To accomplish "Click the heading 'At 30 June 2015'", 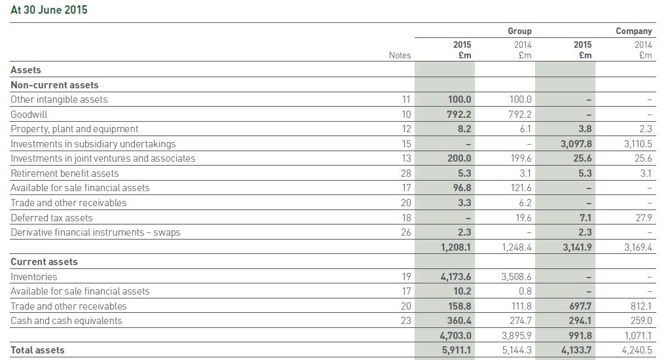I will (49, 10).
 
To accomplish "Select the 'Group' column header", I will (519, 31).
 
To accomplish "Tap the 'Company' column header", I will (633, 31).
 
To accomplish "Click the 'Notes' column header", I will (400, 55).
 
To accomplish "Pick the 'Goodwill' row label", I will (29, 115).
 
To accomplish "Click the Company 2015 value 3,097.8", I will (576, 144).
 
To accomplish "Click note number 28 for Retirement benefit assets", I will (405, 173).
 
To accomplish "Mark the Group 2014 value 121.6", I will (520, 188).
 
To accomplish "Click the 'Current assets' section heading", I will (44, 262).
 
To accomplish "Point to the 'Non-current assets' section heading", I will (54, 85).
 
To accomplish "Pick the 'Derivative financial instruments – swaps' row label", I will (95, 232).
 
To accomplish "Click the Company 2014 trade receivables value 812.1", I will (641, 306).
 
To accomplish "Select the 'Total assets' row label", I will (37, 350).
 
